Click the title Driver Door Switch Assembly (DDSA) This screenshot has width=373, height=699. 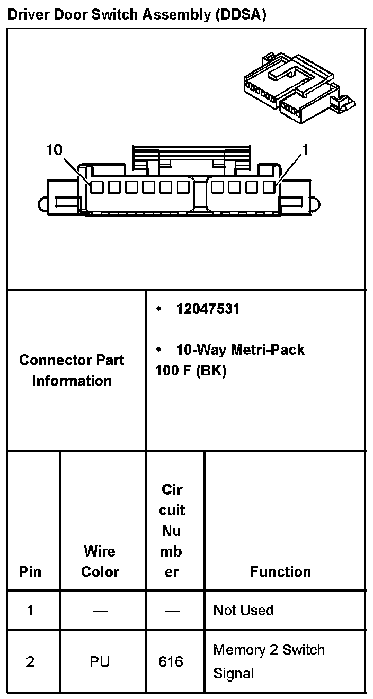[137, 14]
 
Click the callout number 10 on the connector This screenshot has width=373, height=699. [55, 150]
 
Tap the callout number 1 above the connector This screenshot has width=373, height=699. [305, 150]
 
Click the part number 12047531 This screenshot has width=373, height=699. [208, 309]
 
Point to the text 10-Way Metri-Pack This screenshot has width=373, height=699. [240, 350]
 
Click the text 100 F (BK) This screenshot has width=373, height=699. [191, 371]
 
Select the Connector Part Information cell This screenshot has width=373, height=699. [72, 370]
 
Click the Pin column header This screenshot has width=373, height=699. [30, 572]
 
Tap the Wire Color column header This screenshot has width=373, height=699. [100, 561]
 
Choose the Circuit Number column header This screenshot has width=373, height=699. [172, 531]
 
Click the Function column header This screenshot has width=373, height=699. [280, 572]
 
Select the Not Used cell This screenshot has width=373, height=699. [243, 610]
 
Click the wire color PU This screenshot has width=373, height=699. [100, 661]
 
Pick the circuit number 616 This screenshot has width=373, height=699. [171, 661]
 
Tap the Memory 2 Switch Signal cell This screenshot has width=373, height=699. [269, 661]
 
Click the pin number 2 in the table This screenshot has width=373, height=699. [30, 661]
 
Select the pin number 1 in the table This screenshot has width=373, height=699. [30, 610]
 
